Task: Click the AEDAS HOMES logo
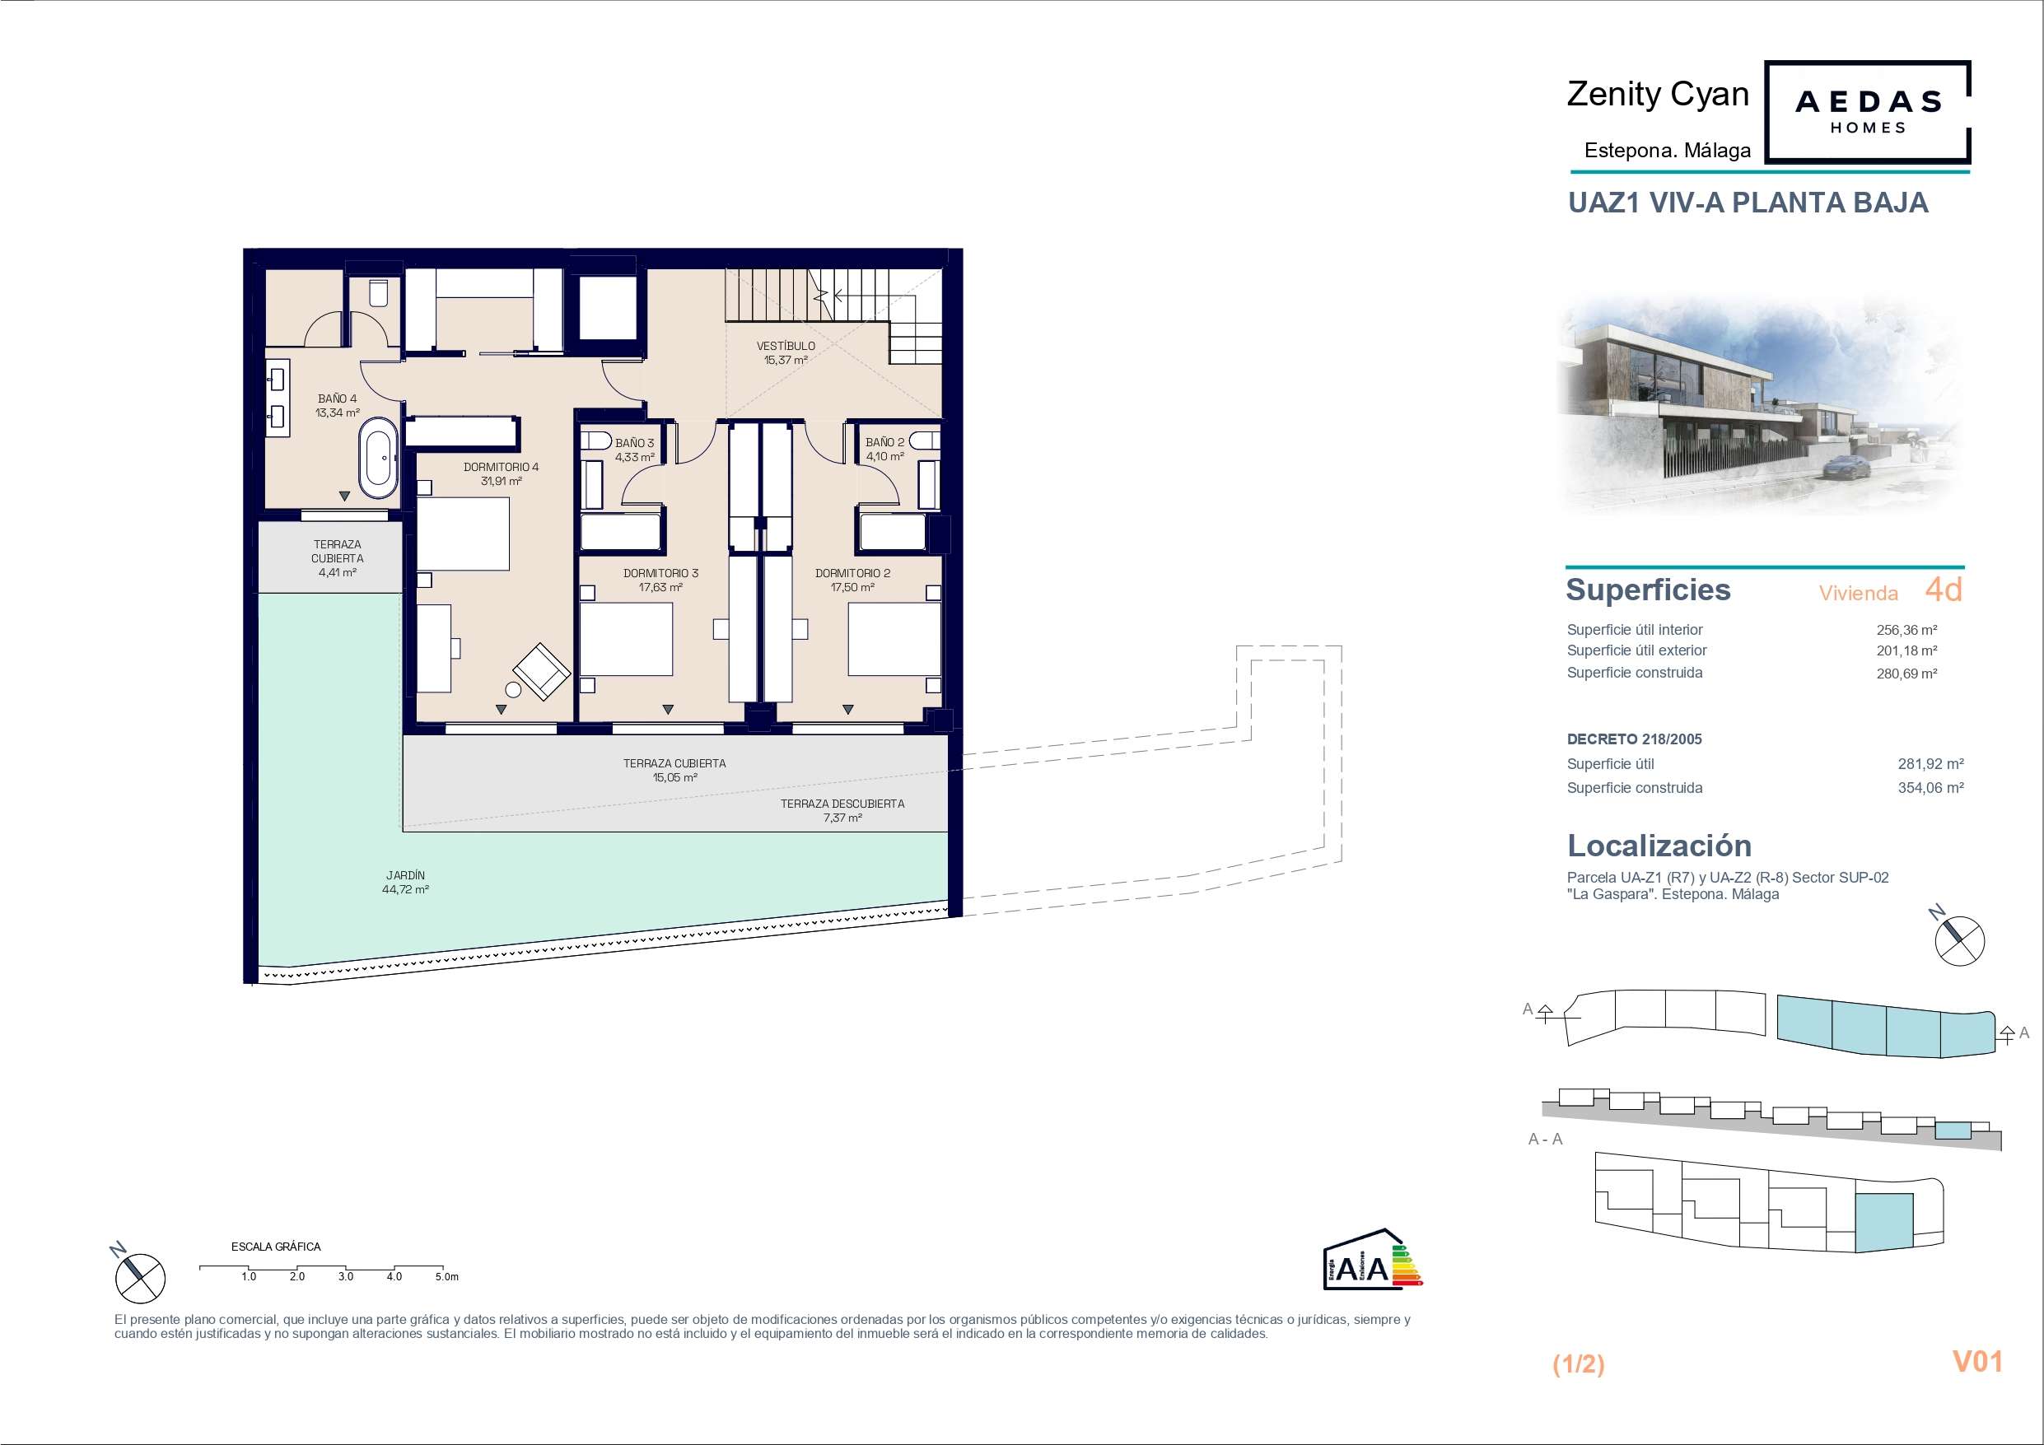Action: [x=1868, y=112]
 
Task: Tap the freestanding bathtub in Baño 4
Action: [x=378, y=458]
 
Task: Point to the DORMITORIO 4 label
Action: [x=502, y=467]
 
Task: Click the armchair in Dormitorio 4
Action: [x=541, y=670]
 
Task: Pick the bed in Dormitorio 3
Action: [x=627, y=638]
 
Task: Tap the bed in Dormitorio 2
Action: [x=894, y=638]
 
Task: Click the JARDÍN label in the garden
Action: [x=406, y=875]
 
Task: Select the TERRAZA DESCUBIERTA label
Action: [x=842, y=803]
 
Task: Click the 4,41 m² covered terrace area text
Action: [x=338, y=572]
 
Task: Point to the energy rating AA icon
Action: [x=1372, y=1259]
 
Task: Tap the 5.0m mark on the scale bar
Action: [x=447, y=1277]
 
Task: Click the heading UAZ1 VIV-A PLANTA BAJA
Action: [x=1748, y=203]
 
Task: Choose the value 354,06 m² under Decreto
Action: [x=1930, y=788]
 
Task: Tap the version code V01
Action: [x=1977, y=1361]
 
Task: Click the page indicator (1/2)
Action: [x=1579, y=1364]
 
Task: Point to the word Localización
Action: [x=1659, y=845]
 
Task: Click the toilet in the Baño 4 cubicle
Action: [x=378, y=294]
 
